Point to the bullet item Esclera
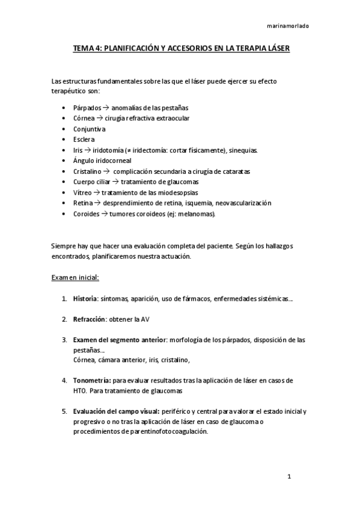(85, 140)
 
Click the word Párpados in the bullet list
(87, 108)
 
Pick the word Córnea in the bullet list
(85, 118)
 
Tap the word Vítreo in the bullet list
(84, 192)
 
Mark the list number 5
(64, 411)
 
